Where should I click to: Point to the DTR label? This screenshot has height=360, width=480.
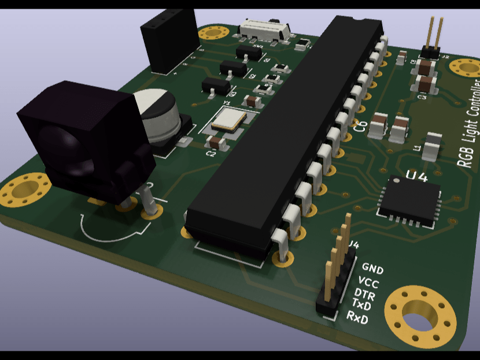pyautogui.click(x=364, y=295)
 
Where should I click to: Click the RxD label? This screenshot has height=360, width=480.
pyautogui.click(x=357, y=317)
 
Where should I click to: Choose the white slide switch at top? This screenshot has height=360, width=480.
pyautogui.click(x=265, y=28)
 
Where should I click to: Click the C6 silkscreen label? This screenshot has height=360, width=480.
pyautogui.click(x=360, y=127)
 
